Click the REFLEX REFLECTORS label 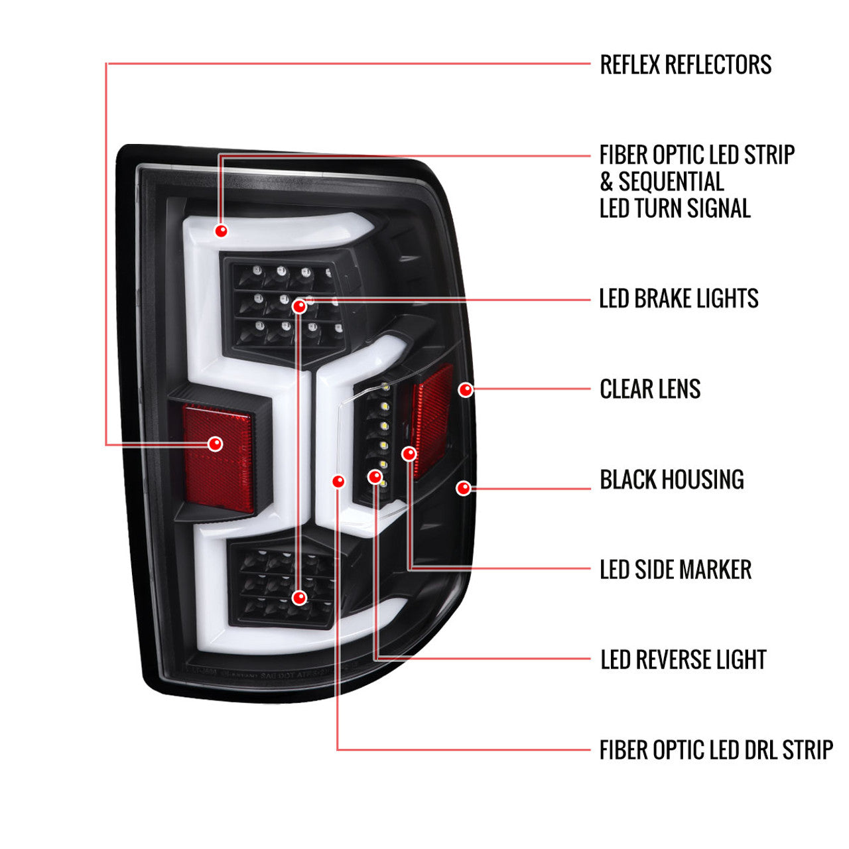[x=686, y=64]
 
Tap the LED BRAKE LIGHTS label [x=679, y=298]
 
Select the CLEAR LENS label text [x=650, y=389]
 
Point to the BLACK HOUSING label [x=672, y=480]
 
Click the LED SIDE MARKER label [x=676, y=570]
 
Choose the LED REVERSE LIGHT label [x=683, y=659]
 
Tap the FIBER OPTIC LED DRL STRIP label [x=716, y=750]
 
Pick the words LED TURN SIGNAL [x=675, y=208]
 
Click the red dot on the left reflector [x=216, y=444]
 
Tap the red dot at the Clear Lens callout [x=466, y=389]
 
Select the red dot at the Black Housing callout [x=464, y=488]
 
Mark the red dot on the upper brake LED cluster [x=299, y=306]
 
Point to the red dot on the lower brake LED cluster [x=299, y=598]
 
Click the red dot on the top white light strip [x=221, y=230]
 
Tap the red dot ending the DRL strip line [x=338, y=481]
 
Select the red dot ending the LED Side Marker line [x=409, y=454]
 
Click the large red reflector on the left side [x=218, y=458]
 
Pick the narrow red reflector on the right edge [x=432, y=421]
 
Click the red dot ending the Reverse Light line [x=375, y=476]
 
